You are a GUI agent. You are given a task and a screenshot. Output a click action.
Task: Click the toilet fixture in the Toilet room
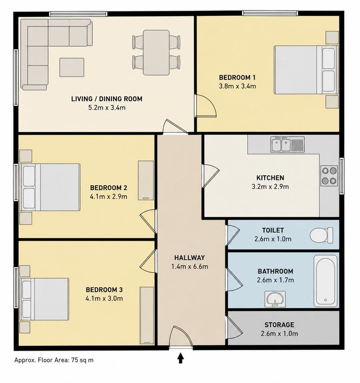point(321,235)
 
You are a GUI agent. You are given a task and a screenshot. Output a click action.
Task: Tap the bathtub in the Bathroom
point(326,281)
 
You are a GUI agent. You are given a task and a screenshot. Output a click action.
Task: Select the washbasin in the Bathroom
point(275,299)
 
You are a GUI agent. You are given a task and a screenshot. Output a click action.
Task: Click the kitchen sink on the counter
point(287,145)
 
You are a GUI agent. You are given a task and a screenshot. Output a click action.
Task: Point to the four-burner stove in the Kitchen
point(329,176)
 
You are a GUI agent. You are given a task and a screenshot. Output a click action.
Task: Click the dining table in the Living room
point(157,53)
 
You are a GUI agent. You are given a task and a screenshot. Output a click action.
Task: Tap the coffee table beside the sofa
point(72,67)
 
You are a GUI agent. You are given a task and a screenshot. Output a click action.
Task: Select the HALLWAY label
point(190,258)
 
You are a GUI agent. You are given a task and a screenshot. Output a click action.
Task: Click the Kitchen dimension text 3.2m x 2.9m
point(270,187)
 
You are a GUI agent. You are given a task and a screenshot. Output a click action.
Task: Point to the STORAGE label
point(280,325)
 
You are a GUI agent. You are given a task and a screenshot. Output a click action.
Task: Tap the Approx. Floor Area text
point(54,360)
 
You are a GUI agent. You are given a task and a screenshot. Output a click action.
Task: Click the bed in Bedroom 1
point(306,70)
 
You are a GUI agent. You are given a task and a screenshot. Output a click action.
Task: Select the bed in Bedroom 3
point(44,299)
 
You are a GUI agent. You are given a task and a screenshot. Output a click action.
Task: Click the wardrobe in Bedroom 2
point(146,180)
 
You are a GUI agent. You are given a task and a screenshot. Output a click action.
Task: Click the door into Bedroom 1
point(206,106)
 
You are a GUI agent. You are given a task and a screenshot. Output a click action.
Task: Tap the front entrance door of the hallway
point(181,336)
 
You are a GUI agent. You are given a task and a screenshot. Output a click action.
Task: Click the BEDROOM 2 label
point(109,188)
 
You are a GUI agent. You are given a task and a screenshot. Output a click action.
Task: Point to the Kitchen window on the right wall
point(341,176)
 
